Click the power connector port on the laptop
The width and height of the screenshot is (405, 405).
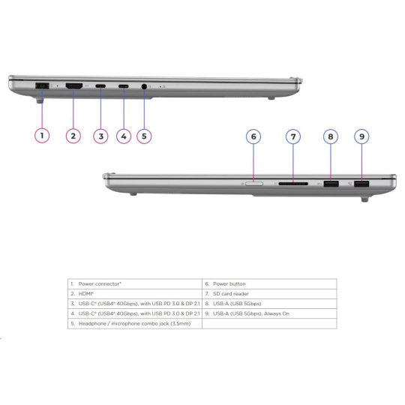click(42, 85)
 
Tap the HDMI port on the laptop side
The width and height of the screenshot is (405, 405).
click(74, 86)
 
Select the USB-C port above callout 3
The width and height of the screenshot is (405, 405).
click(100, 86)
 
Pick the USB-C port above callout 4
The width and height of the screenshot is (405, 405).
click(124, 86)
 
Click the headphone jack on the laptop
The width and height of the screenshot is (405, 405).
click(144, 86)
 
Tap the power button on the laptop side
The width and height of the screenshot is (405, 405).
click(254, 184)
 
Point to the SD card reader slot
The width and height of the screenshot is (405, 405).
click(293, 184)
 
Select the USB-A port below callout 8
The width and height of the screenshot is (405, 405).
click(331, 184)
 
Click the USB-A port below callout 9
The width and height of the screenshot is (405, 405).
click(361, 184)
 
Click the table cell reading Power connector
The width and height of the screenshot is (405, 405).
click(100, 283)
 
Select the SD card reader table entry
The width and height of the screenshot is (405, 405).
click(231, 294)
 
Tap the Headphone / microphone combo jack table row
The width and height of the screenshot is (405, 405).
click(134, 323)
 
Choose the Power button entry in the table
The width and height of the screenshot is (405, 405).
click(229, 283)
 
